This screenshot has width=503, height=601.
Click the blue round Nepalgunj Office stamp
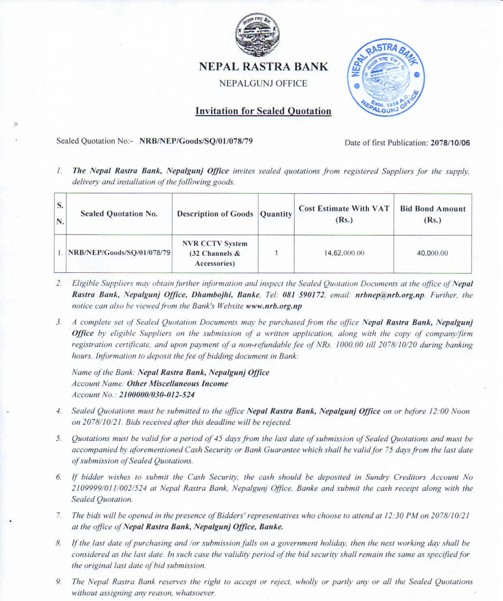click(x=385, y=79)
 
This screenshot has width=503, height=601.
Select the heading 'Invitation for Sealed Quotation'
click(x=263, y=111)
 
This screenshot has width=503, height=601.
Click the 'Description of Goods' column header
click(x=215, y=214)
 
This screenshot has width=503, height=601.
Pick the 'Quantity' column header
click(x=276, y=214)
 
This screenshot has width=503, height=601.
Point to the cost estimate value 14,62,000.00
click(x=344, y=253)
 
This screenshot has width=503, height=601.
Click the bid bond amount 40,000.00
click(x=432, y=253)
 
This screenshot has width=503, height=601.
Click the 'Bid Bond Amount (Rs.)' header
click(x=432, y=214)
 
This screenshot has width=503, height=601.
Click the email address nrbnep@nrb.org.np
click(x=390, y=295)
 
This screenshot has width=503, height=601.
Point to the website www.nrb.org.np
click(x=274, y=306)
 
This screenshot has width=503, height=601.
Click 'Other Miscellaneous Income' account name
click(x=177, y=384)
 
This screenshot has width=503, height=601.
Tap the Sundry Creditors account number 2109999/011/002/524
click(x=109, y=488)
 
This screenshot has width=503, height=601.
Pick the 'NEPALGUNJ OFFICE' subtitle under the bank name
click(x=263, y=83)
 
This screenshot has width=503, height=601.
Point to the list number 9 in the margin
click(x=59, y=582)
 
